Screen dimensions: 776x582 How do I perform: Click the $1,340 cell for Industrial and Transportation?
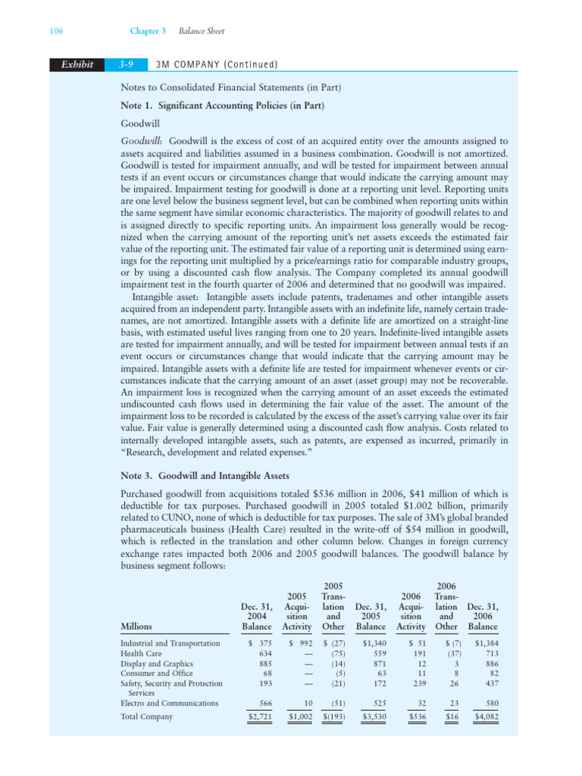(371, 643)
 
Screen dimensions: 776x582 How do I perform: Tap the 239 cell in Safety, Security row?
(415, 684)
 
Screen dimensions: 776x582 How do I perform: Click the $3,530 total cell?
(371, 716)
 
